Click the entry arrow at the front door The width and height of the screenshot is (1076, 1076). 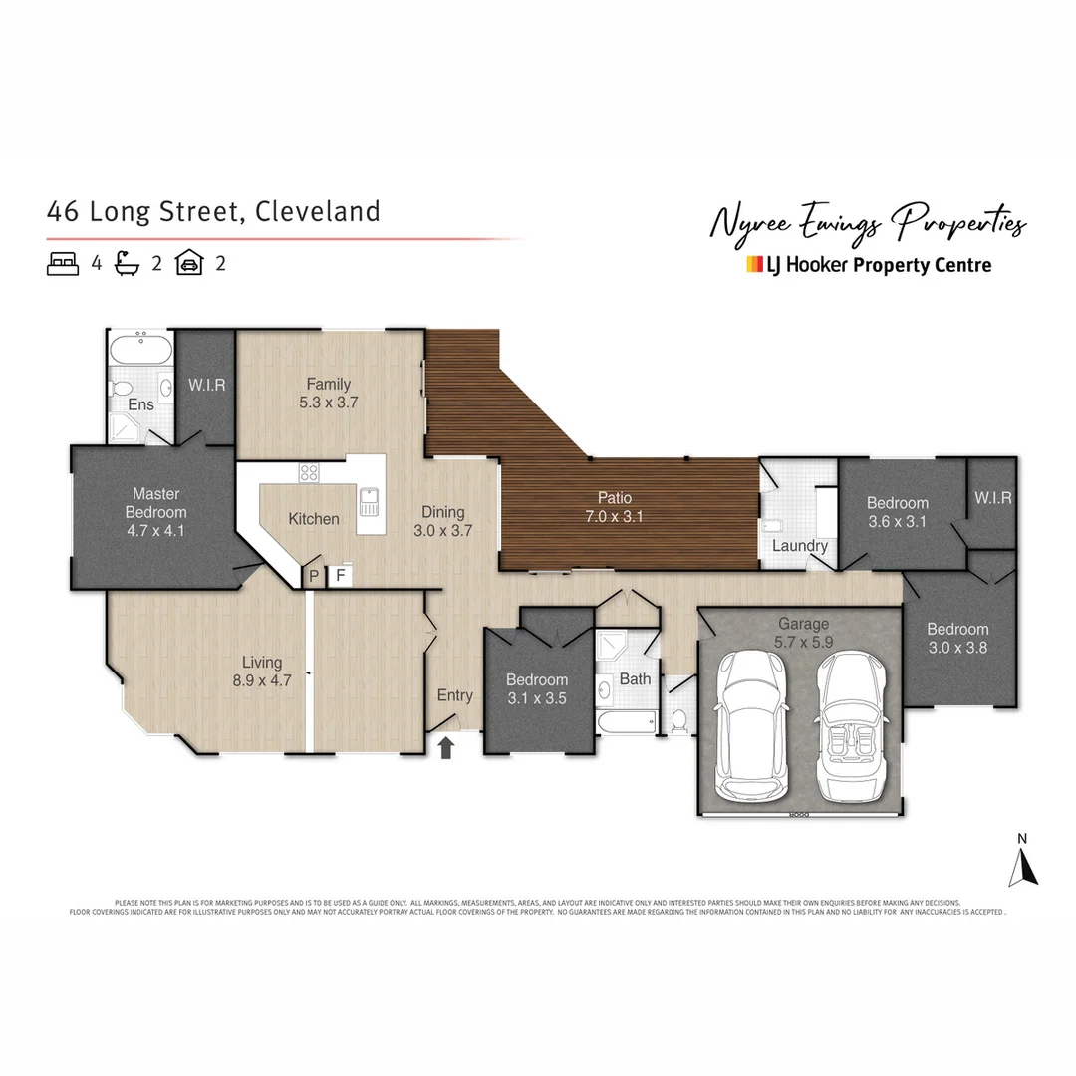point(446,747)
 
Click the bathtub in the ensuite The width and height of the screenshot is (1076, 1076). point(138,351)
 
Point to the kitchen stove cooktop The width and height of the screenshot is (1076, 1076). point(310,474)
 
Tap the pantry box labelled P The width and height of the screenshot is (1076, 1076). point(314,576)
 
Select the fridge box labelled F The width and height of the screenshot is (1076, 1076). point(340,576)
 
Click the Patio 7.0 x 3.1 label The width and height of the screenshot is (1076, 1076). point(615,507)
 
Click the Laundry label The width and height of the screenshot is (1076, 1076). point(799,546)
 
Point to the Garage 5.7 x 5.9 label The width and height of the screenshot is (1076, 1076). point(803,634)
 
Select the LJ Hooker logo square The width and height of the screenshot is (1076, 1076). point(754,265)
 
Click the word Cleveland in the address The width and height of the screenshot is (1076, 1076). point(318,212)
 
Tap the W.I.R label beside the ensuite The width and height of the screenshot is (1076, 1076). point(206,385)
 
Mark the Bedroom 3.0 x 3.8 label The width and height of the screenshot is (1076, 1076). point(957,638)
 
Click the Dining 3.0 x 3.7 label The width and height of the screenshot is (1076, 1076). point(442,521)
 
